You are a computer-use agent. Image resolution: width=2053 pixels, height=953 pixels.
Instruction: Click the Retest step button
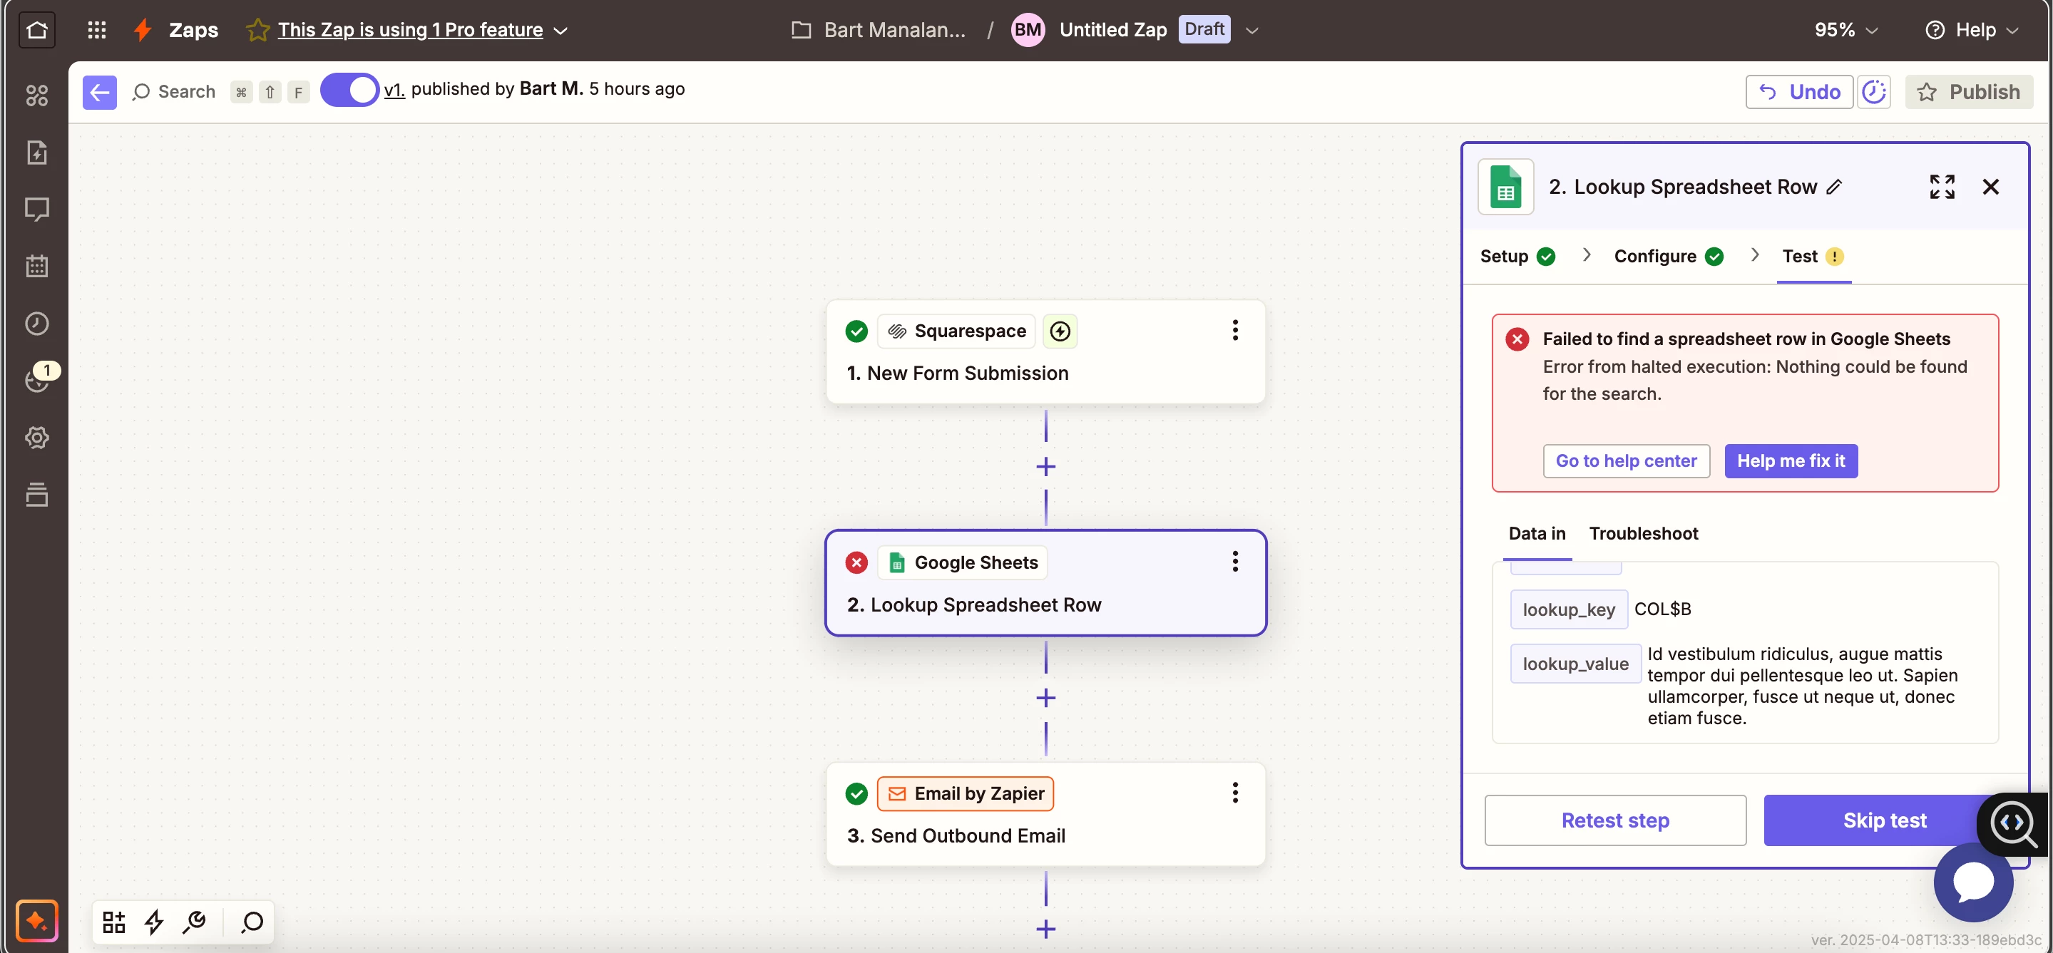[x=1614, y=820]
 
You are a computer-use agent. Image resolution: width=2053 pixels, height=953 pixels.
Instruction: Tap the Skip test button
[x=1884, y=820]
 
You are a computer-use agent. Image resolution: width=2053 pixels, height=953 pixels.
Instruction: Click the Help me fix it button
[x=1791, y=460]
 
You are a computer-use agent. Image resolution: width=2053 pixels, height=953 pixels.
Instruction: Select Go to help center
[x=1626, y=460]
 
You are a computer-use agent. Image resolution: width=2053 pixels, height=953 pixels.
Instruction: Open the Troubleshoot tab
[x=1644, y=533]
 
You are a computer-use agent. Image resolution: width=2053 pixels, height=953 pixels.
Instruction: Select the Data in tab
[x=1537, y=533]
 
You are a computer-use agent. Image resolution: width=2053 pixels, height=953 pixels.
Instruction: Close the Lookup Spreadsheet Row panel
[x=1990, y=187]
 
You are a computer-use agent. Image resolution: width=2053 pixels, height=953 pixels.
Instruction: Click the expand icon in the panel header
[x=1942, y=187]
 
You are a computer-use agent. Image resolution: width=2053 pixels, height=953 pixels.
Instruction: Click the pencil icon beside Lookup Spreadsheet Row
[x=1835, y=187]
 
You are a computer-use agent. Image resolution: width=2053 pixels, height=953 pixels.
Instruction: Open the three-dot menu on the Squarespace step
[x=1234, y=330]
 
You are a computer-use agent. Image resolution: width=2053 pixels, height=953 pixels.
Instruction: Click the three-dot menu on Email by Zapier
[x=1234, y=792]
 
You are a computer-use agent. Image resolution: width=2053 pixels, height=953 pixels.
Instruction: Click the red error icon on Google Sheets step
[x=856, y=562]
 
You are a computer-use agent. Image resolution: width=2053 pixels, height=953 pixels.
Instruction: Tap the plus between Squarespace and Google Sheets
[x=1045, y=466]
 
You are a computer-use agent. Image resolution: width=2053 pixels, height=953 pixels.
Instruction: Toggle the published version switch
[x=349, y=90]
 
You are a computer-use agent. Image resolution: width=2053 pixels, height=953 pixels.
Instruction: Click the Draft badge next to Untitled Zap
[x=1204, y=29]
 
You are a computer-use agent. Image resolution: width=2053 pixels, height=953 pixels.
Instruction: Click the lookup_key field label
[x=1567, y=609]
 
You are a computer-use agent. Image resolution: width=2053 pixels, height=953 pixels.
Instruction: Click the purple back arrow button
[x=100, y=93]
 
